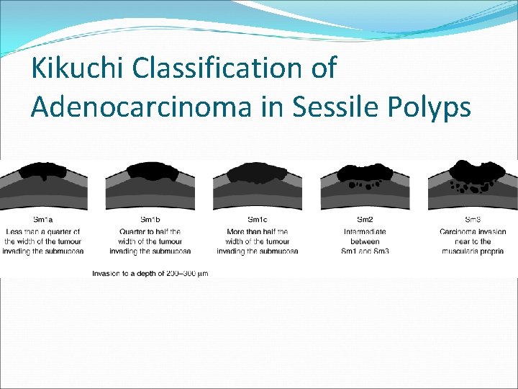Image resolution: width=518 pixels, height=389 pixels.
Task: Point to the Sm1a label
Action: pos(42,220)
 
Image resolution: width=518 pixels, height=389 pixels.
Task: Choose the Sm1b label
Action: pos(150,220)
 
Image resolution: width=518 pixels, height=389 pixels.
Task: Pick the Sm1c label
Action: pos(258,220)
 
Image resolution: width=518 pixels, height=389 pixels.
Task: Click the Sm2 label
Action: pos(365,220)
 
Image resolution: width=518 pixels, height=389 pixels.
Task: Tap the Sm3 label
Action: pos(473,220)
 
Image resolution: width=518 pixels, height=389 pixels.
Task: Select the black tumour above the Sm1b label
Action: pos(150,171)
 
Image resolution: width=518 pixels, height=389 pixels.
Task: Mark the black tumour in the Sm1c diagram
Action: pos(258,172)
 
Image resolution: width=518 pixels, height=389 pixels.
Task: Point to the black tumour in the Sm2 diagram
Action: pos(365,173)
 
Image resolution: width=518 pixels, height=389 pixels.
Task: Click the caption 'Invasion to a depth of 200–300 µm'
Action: pos(150,274)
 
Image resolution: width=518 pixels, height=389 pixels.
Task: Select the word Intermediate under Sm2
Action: pos(365,231)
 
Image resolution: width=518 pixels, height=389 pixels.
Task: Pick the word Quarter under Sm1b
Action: pos(129,231)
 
